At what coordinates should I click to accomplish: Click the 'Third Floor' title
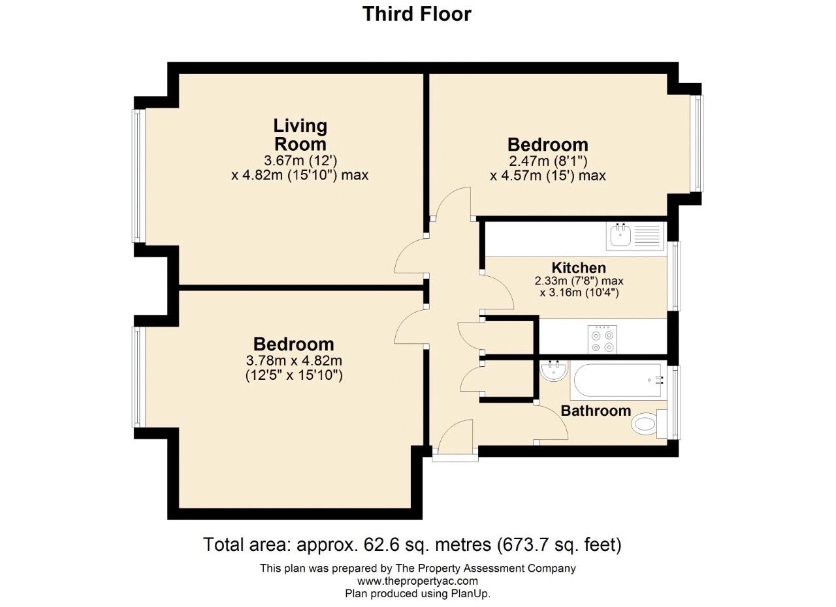point(417,14)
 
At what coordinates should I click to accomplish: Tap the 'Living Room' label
point(300,134)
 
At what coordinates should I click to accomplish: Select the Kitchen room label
point(579,268)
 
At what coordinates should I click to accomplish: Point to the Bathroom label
point(596,411)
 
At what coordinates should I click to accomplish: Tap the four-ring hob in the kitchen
point(602,339)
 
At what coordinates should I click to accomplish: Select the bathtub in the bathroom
point(618,381)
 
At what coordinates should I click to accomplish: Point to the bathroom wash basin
point(553,371)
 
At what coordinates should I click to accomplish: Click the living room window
point(137,176)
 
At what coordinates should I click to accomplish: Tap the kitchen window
point(675,276)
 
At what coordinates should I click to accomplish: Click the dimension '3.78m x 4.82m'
point(294,361)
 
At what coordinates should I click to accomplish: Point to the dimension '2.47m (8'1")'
point(548,161)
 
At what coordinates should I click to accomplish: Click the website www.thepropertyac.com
point(417,580)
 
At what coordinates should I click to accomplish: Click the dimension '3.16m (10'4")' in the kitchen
point(584,292)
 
